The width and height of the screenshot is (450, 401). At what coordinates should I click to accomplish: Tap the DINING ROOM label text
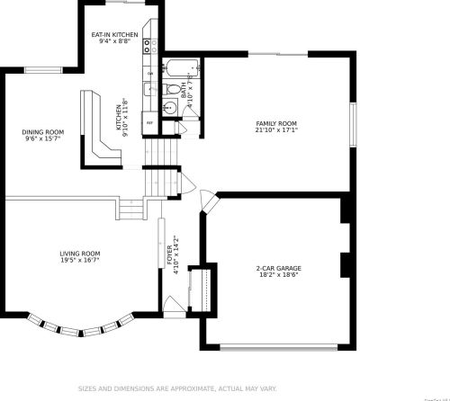[x=43, y=132]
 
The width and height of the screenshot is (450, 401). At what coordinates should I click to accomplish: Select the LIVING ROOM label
[x=79, y=254]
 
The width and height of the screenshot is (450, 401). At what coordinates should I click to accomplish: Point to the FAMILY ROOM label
[x=276, y=123]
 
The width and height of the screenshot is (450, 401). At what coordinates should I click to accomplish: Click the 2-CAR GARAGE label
[x=278, y=268]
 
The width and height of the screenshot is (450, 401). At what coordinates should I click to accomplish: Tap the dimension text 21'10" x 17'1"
[x=276, y=129]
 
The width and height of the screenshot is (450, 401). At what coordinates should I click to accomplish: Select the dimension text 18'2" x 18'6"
[x=278, y=274]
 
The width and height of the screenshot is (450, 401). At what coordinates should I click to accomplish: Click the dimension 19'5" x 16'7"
[x=79, y=260]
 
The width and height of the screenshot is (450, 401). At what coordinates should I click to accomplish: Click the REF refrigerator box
[x=150, y=121]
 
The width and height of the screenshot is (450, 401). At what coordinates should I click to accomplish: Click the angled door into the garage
[x=206, y=201]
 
